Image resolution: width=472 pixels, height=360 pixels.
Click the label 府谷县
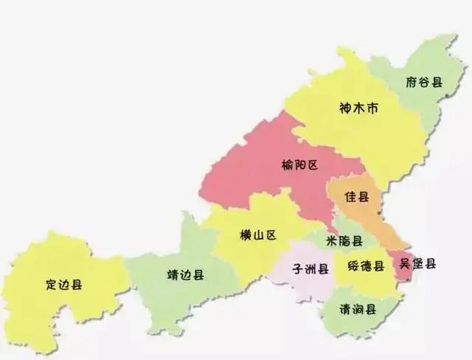[423, 82]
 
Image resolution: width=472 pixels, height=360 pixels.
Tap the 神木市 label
[358, 108]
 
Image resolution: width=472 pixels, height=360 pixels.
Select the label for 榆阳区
[299, 165]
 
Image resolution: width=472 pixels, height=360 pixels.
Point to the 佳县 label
[357, 198]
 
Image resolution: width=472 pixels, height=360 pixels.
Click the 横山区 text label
[257, 235]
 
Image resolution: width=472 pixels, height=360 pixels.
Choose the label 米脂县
[344, 241]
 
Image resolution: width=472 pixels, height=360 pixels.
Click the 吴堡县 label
[417, 263]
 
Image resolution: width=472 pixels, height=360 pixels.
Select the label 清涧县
[358, 308]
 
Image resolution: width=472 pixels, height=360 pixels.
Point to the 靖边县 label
[186, 274]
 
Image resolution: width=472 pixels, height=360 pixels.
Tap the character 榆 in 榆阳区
[287, 165]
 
